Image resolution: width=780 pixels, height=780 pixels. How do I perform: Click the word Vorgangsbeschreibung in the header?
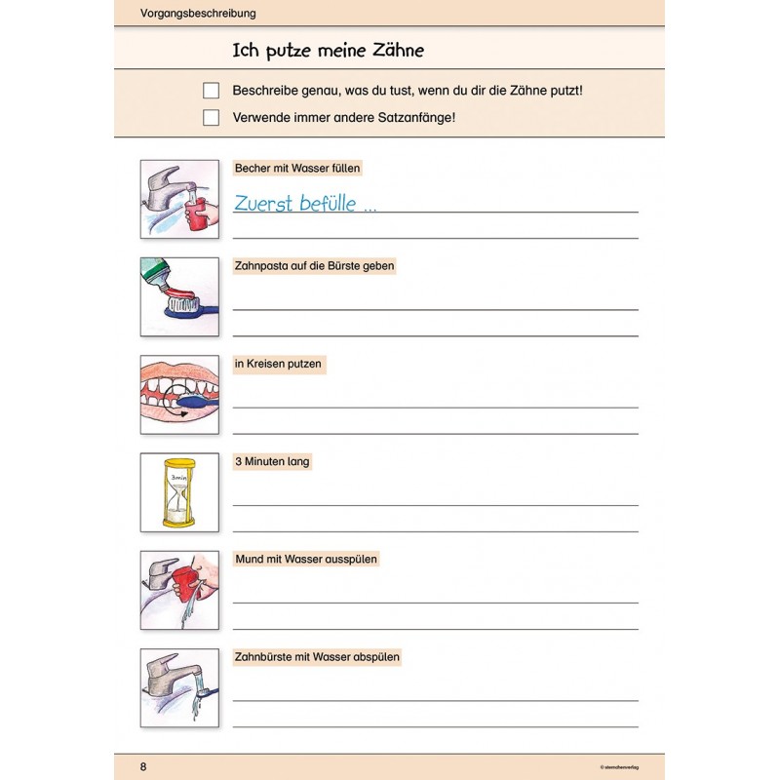tap(184, 14)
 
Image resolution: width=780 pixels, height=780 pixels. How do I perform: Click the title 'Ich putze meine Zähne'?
tap(328, 50)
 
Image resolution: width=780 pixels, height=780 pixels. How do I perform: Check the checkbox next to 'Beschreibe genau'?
tap(211, 91)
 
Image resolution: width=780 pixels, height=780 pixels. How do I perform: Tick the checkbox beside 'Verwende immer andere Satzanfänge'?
tap(211, 118)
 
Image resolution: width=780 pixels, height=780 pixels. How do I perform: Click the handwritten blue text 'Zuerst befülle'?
tap(304, 204)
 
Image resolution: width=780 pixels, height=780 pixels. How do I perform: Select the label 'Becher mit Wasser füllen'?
tap(297, 169)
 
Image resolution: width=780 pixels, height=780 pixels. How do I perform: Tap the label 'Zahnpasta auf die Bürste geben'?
tap(315, 265)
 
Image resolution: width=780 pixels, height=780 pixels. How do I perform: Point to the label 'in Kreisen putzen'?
tap(278, 364)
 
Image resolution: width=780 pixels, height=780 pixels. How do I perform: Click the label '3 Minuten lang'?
tap(272, 461)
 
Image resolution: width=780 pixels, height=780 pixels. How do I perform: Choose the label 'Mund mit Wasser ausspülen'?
tap(306, 559)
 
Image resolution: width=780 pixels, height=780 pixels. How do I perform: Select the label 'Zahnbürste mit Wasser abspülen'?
tap(317, 657)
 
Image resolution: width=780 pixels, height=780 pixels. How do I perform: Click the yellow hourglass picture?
tap(179, 492)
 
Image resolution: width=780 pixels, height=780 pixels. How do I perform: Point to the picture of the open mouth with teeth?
tap(179, 394)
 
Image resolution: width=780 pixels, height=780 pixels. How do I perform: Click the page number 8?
tap(143, 766)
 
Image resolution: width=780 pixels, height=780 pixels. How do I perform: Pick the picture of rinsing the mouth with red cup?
tap(179, 590)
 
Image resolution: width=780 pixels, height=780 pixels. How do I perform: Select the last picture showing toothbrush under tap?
tap(179, 687)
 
